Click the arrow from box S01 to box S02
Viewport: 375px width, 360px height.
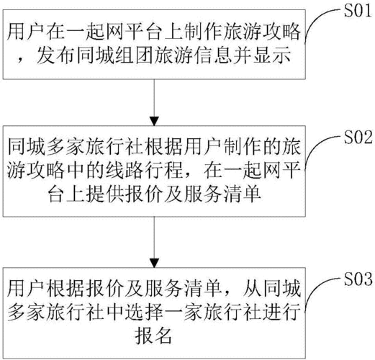click(153, 100)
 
